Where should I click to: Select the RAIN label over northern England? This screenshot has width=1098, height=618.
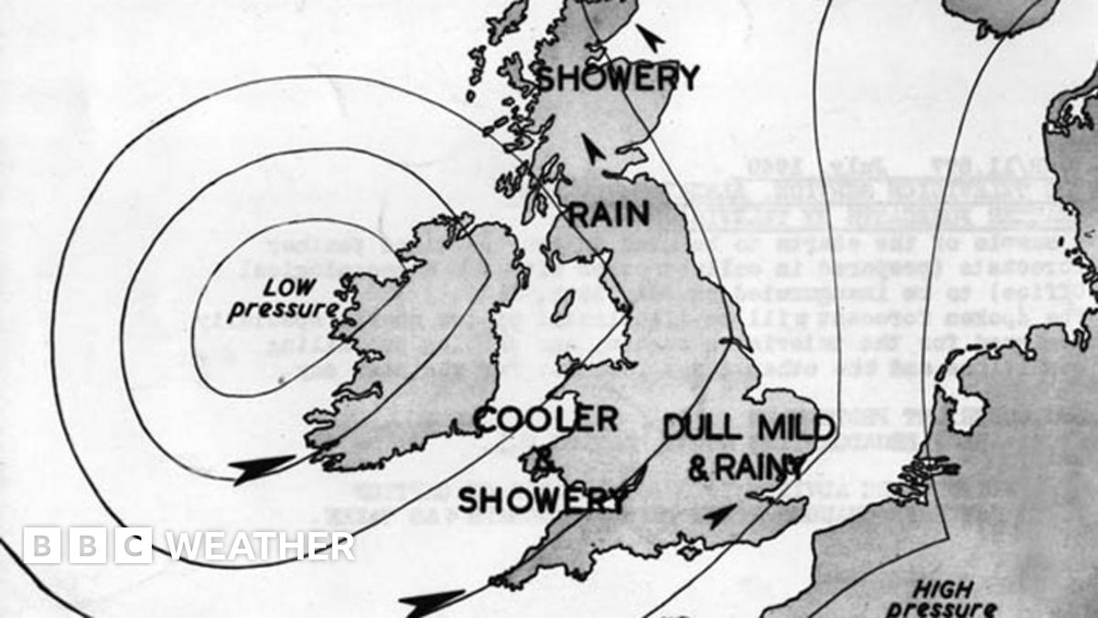tap(609, 214)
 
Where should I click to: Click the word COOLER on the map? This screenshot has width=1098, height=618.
tap(547, 420)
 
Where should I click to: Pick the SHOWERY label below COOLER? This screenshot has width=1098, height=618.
tap(543, 500)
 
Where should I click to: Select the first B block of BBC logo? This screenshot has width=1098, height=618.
tap(40, 546)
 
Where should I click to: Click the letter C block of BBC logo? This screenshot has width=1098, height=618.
tap(134, 546)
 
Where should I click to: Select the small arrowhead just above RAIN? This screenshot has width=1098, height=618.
tap(595, 149)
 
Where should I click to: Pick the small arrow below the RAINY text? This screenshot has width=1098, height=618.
tap(721, 516)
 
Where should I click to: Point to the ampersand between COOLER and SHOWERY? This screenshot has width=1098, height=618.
tap(543, 462)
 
